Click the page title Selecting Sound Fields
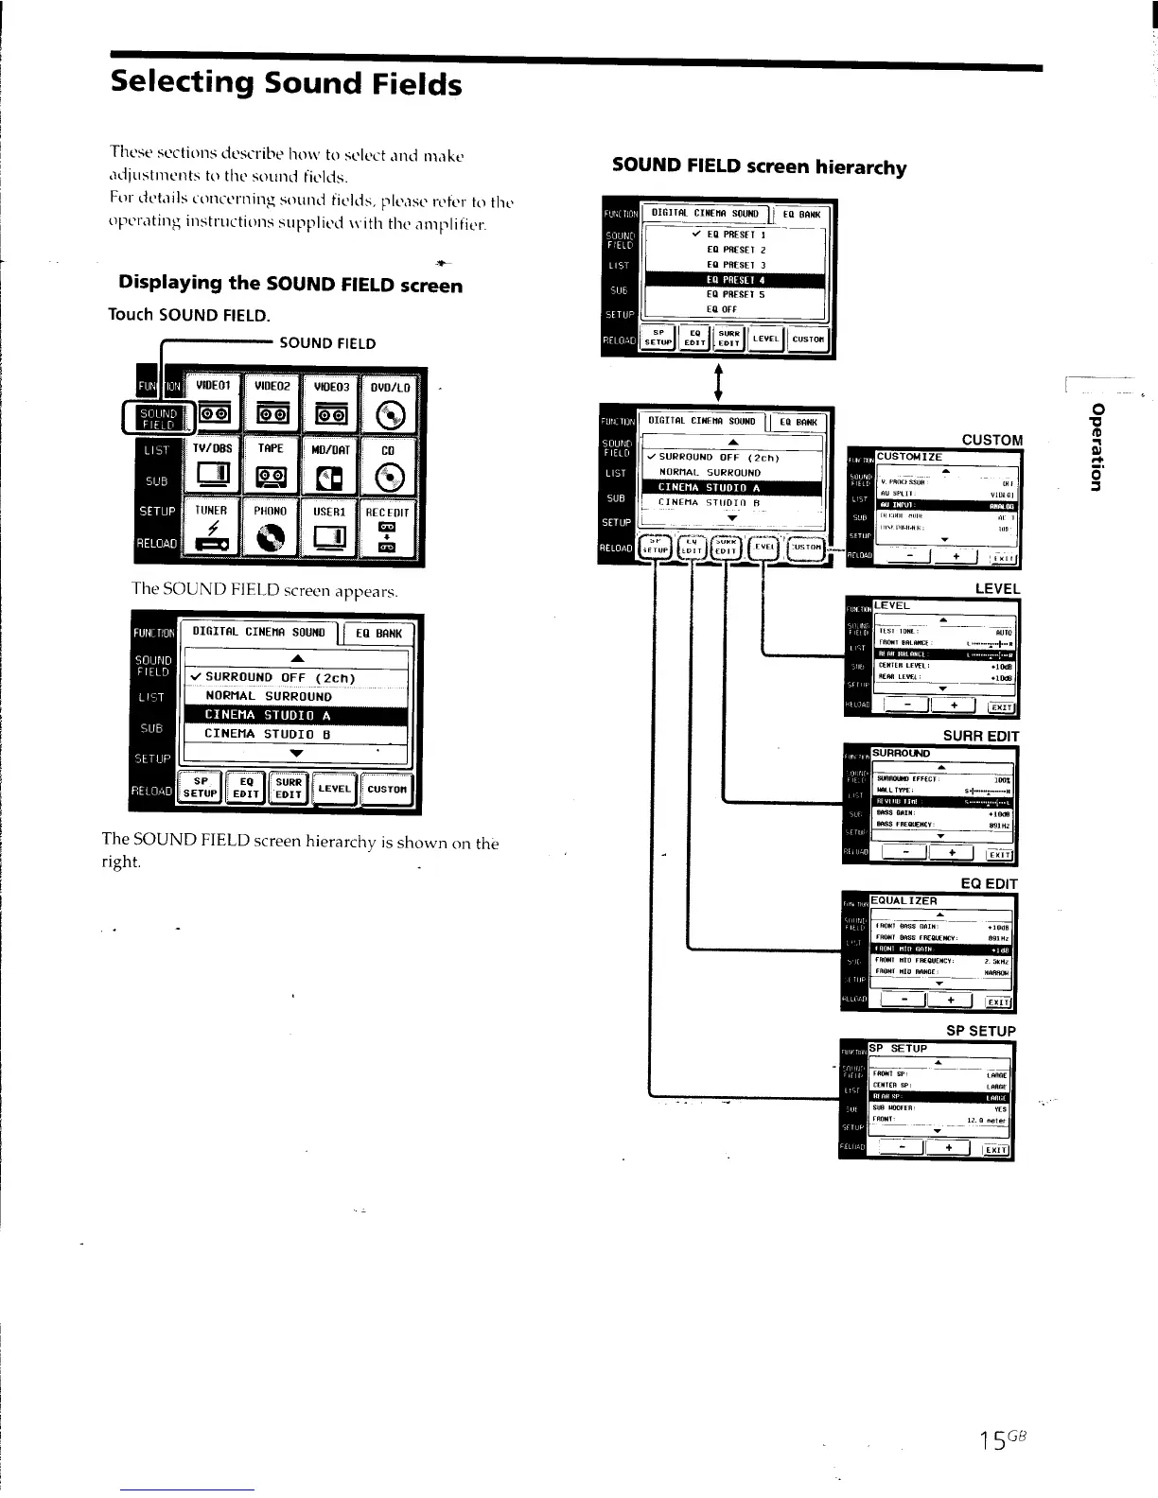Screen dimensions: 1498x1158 tap(286, 83)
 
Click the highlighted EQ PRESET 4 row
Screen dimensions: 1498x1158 tap(734, 280)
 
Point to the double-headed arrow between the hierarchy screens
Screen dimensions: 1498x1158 tap(720, 381)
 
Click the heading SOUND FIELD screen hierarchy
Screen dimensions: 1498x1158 tap(759, 167)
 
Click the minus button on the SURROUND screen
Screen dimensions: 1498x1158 tap(907, 854)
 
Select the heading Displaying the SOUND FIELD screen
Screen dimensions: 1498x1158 tap(290, 284)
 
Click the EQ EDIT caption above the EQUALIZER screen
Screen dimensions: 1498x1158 tap(989, 883)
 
